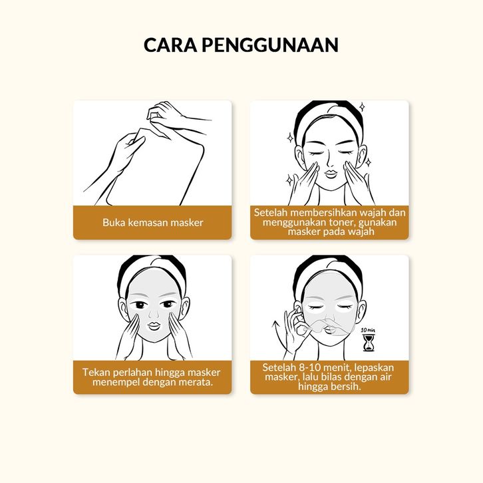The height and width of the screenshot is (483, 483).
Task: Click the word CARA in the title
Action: tap(170, 45)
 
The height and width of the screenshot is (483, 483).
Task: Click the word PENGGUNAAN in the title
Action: tap(270, 45)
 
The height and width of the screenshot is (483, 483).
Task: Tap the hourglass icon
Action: tap(369, 343)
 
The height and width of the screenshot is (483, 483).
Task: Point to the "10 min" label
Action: tap(368, 330)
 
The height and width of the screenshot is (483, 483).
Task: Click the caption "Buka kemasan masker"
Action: tap(153, 222)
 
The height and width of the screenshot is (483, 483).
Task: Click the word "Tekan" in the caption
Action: tap(96, 372)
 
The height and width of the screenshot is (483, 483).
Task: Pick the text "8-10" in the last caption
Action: tap(310, 367)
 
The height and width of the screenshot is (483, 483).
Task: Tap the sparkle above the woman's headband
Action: tap(362, 107)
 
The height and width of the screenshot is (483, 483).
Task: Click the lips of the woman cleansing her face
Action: tap(331, 174)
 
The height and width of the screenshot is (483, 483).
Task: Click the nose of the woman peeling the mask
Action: tap(329, 317)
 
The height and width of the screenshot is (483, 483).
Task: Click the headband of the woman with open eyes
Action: tap(152, 271)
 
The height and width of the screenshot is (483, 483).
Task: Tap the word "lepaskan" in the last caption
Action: tap(374, 368)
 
